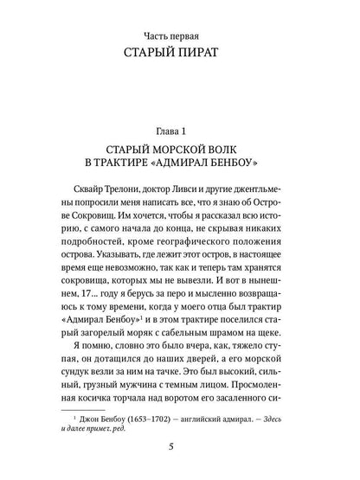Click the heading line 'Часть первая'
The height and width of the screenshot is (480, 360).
180,36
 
